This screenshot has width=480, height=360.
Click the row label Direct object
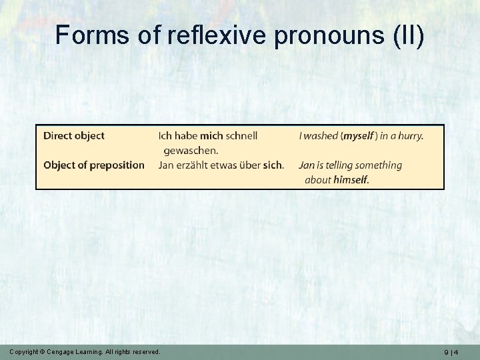click(74, 135)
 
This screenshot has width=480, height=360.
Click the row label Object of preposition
click(94, 165)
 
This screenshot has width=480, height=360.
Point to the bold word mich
click(212, 135)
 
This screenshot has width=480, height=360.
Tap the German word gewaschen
click(191, 150)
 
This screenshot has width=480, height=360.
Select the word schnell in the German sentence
click(242, 135)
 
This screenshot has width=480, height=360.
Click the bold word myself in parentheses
click(358, 135)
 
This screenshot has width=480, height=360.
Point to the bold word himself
click(351, 179)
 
